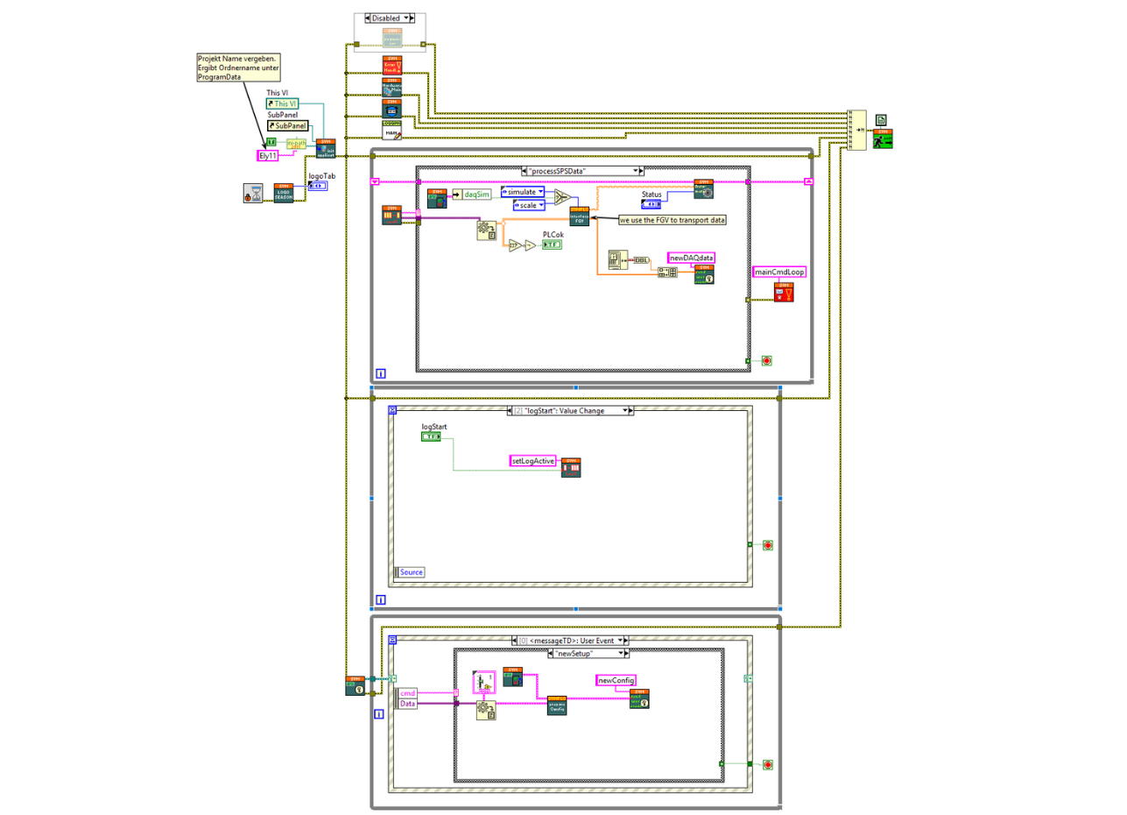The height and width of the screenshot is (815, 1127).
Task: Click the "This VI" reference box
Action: [282, 103]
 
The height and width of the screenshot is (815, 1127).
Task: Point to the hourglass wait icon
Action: [253, 193]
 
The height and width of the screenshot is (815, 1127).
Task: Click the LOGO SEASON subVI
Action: [284, 193]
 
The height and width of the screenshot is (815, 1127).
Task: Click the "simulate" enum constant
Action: [522, 191]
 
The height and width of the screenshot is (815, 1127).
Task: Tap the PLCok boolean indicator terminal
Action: [552, 245]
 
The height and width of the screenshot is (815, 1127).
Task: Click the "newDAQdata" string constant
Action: [692, 258]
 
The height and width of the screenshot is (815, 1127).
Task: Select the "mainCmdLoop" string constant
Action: [778, 273]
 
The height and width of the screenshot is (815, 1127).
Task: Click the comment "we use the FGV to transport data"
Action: [673, 220]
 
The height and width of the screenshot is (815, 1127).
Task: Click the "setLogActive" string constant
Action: [534, 460]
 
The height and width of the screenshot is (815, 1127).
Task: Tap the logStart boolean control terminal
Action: [431, 436]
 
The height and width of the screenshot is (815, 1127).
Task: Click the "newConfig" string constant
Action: [616, 680]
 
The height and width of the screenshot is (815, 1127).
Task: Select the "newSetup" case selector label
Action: [587, 653]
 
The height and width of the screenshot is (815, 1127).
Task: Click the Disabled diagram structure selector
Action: [390, 18]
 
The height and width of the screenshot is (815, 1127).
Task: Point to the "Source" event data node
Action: [411, 571]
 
